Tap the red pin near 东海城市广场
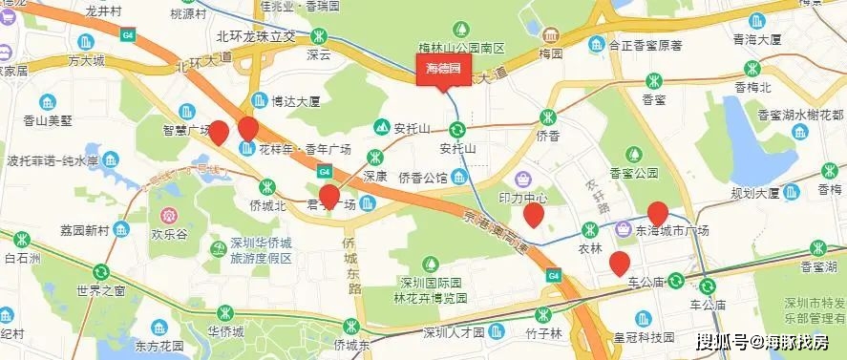click(657, 214)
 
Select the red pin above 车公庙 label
click(619, 263)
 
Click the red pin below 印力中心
click(534, 215)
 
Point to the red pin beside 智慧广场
click(219, 133)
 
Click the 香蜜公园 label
click(634, 174)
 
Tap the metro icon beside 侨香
click(546, 117)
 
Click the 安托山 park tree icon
click(382, 126)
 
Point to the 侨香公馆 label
click(423, 178)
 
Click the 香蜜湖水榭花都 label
click(802, 115)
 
